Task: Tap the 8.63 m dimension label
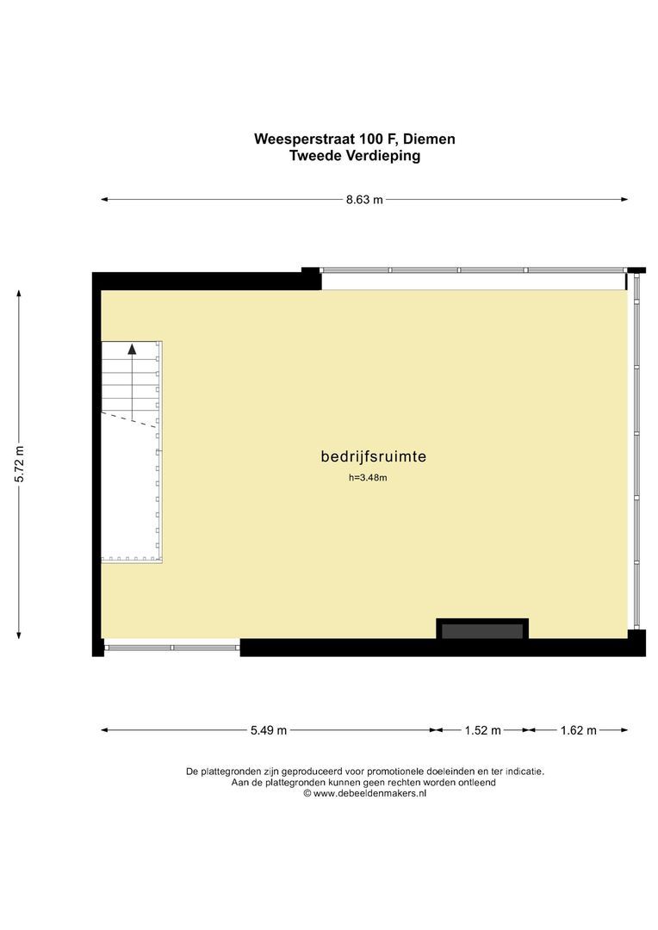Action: (x=364, y=200)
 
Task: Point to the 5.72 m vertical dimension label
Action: (x=19, y=466)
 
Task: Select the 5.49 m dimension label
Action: (x=269, y=730)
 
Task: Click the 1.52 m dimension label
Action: (x=482, y=730)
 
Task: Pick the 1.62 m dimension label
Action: (x=578, y=730)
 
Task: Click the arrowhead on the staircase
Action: (x=132, y=349)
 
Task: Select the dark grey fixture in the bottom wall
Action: (x=482, y=631)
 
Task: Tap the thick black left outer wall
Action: (x=96, y=465)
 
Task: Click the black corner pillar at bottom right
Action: (x=636, y=642)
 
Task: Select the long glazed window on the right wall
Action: (x=636, y=452)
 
